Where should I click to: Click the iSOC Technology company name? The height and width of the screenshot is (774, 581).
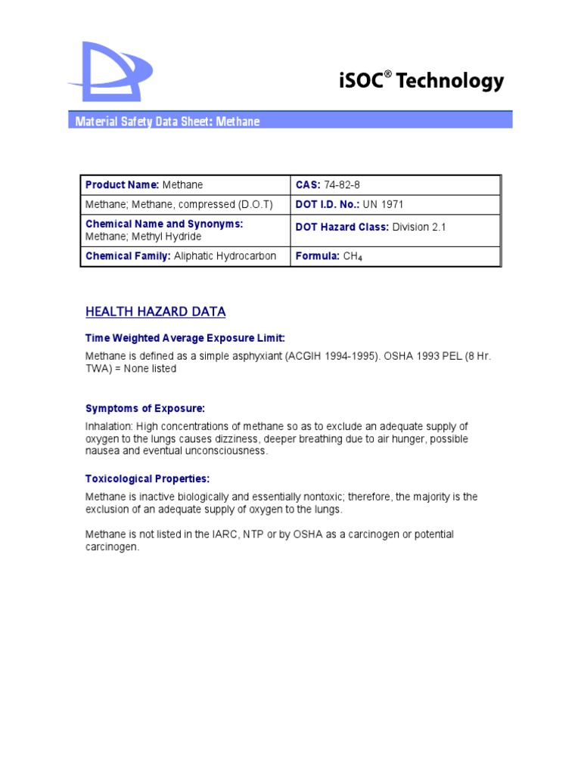[421, 81]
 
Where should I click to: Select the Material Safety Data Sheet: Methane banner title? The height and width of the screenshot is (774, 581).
[167, 122]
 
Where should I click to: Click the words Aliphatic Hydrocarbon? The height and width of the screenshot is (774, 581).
[225, 256]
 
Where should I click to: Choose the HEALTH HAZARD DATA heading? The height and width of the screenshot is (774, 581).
[155, 311]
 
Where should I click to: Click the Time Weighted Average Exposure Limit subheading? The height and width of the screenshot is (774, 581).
[185, 338]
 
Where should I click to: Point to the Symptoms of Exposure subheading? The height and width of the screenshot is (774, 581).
[145, 409]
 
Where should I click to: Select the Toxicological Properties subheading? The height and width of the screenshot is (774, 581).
[148, 478]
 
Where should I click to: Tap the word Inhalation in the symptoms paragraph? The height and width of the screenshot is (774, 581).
[109, 427]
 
